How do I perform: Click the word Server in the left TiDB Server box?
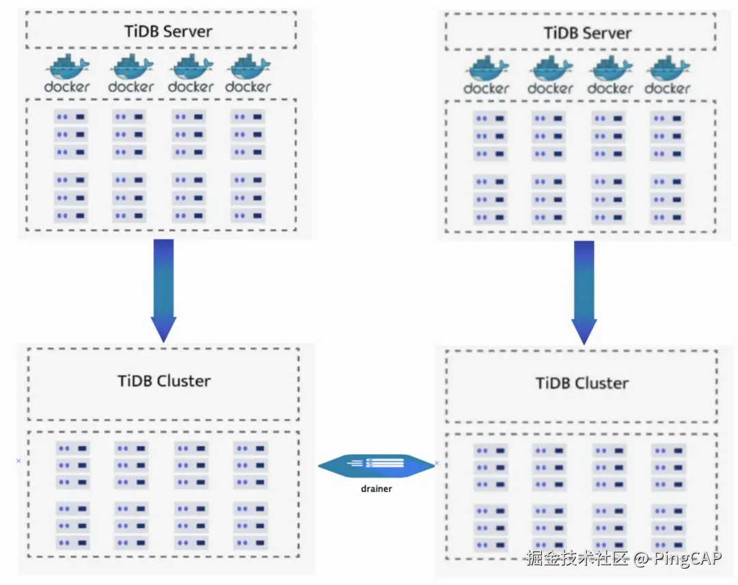[x=187, y=31]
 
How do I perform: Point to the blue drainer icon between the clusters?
[x=376, y=465]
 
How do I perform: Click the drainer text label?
[x=376, y=489]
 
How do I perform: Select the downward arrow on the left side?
[x=163, y=291]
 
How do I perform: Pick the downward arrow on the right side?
[x=584, y=292]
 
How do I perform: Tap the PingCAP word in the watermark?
[x=687, y=558]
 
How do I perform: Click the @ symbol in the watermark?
[x=641, y=558]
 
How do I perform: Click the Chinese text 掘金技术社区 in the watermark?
[x=577, y=558]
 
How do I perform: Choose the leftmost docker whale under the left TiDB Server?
[x=67, y=67]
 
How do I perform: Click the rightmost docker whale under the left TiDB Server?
[x=248, y=67]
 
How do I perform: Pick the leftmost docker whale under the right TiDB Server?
[x=487, y=69]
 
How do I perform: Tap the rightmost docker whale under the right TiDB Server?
[x=668, y=69]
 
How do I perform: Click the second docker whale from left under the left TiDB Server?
[x=131, y=67]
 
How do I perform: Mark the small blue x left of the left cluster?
[x=18, y=461]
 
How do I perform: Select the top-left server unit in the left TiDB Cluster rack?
[x=72, y=448]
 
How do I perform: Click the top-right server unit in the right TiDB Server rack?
[x=668, y=119]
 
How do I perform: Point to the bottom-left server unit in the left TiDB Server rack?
[x=70, y=216]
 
